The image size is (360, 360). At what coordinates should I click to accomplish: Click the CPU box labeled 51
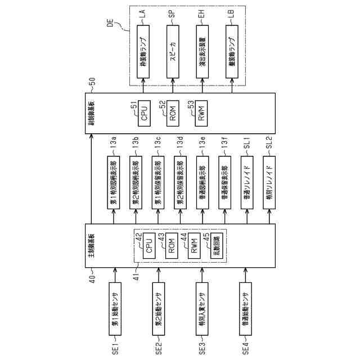click(144, 117)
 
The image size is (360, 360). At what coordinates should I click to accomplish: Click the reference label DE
click(110, 23)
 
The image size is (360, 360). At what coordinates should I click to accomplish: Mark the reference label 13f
click(224, 142)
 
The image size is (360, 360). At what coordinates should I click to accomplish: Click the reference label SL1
click(246, 142)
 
